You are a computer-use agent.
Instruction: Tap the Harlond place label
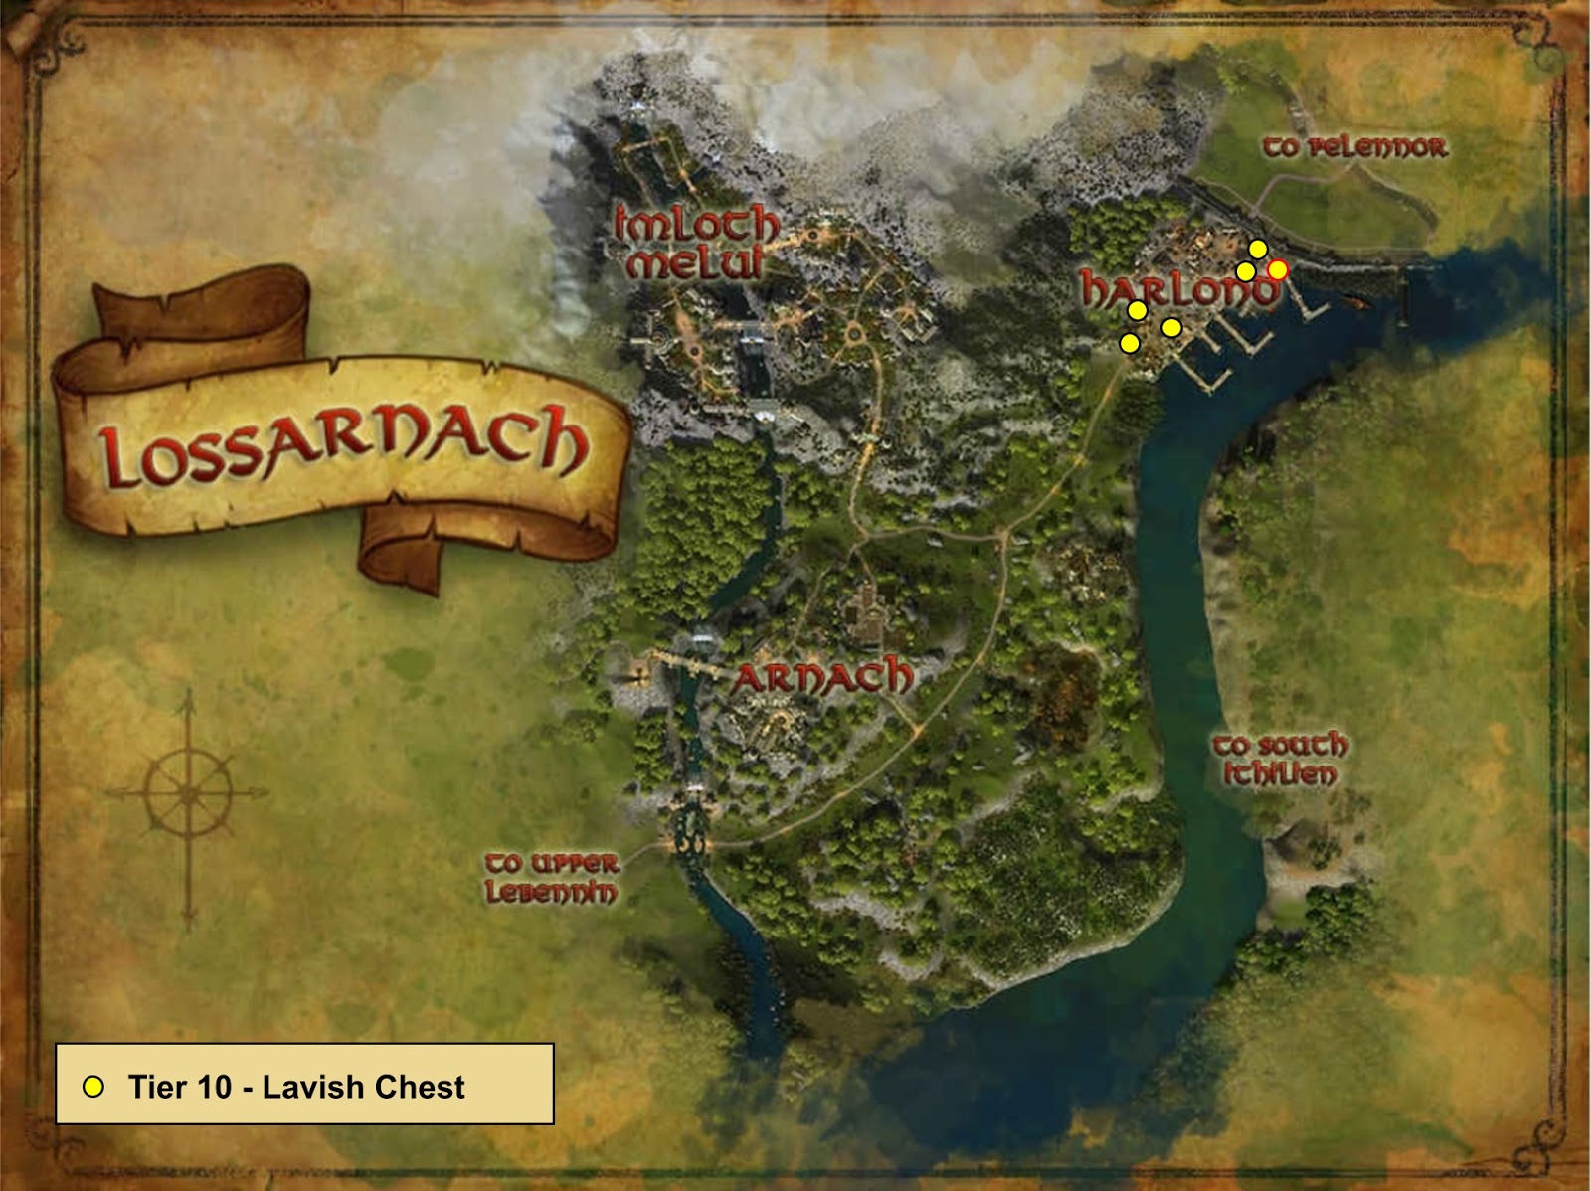1179,290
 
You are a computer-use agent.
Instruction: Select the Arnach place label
822,678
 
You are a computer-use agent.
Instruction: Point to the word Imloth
696,224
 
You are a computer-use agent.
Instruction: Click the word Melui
695,262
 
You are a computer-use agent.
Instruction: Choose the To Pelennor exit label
1354,148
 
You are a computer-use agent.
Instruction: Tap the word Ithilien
1280,774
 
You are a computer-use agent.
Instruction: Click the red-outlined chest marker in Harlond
1278,269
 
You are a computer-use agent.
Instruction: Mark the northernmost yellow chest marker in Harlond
1258,249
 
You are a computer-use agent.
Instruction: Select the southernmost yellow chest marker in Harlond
1130,343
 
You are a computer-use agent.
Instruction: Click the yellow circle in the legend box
93,1087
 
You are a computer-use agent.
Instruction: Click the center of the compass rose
188,792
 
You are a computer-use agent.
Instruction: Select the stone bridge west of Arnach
685,661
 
